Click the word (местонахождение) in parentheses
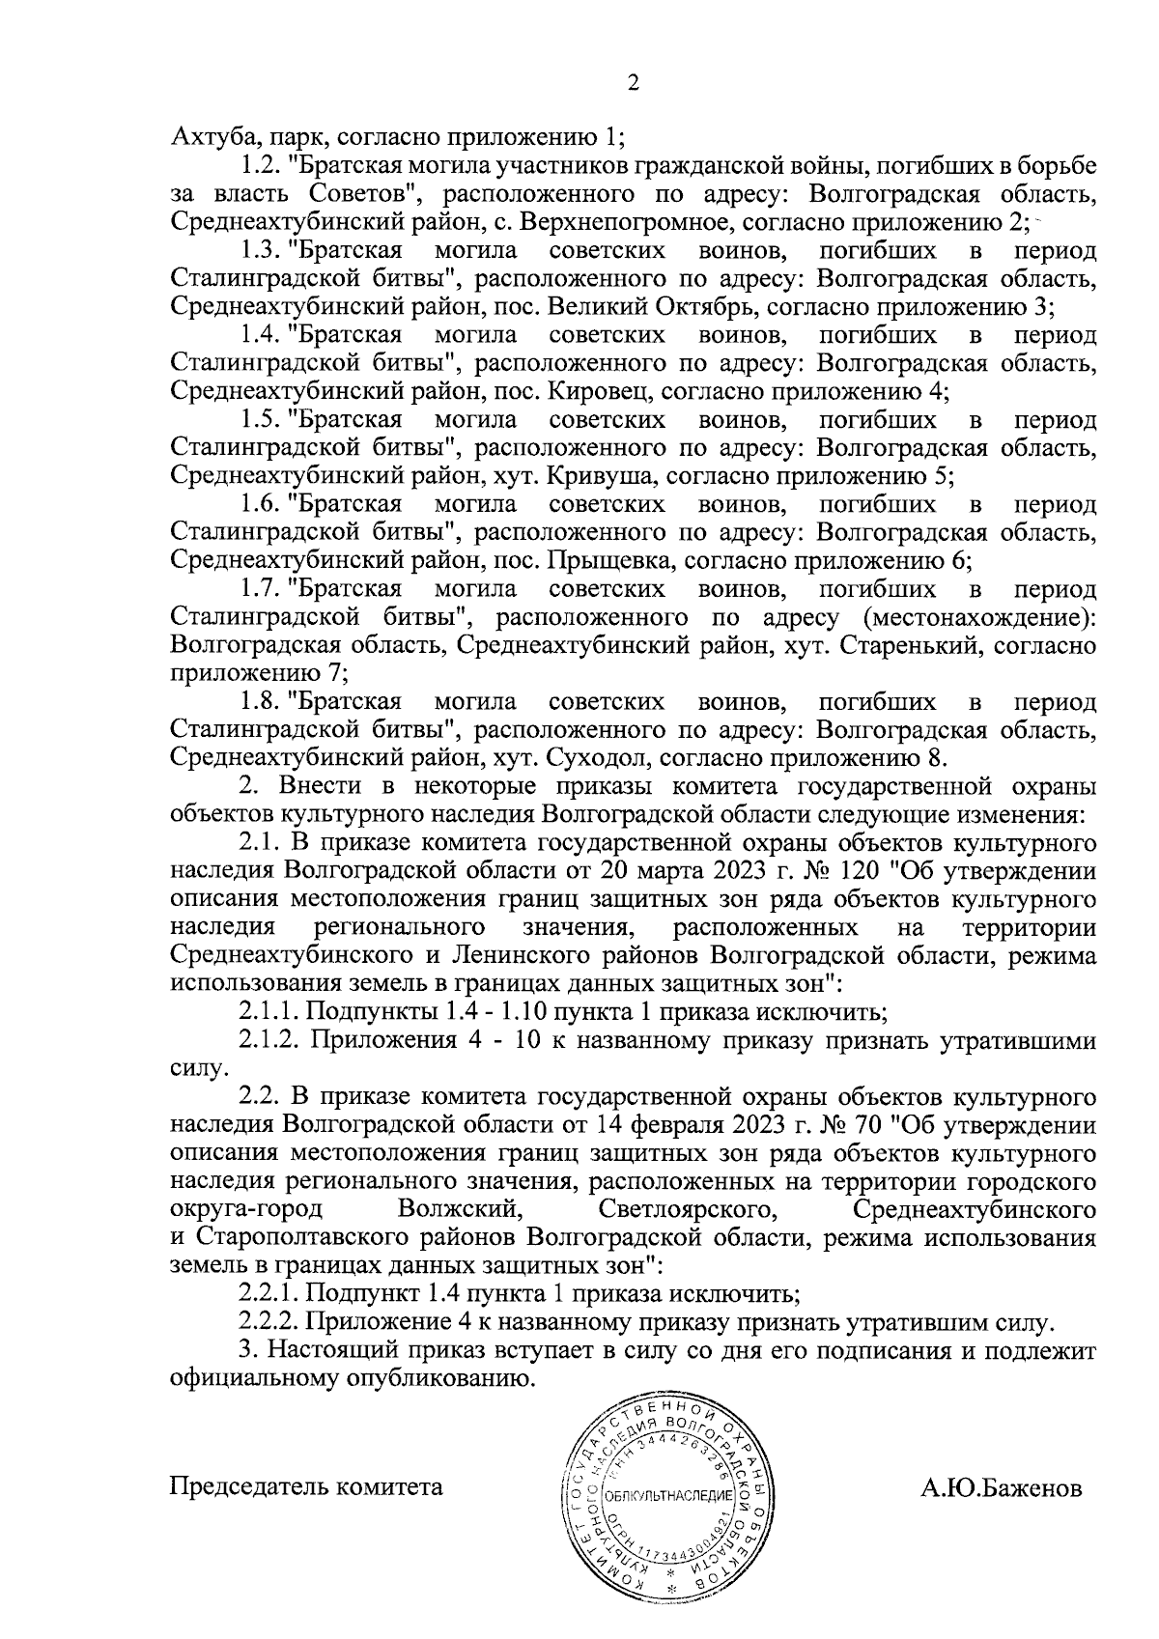point(978,616)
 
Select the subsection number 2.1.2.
point(271,1041)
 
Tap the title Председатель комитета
point(306,1487)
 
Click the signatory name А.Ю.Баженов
point(1002,1487)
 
